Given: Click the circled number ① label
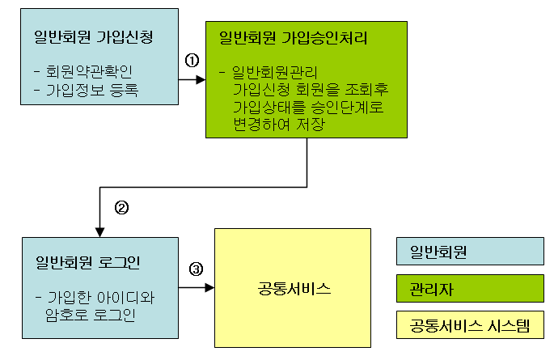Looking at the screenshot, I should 192,61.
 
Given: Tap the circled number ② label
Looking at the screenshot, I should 121,207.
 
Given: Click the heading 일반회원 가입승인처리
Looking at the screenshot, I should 294,37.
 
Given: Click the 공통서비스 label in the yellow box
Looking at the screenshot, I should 291,289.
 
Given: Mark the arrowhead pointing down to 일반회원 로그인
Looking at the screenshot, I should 99,230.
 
